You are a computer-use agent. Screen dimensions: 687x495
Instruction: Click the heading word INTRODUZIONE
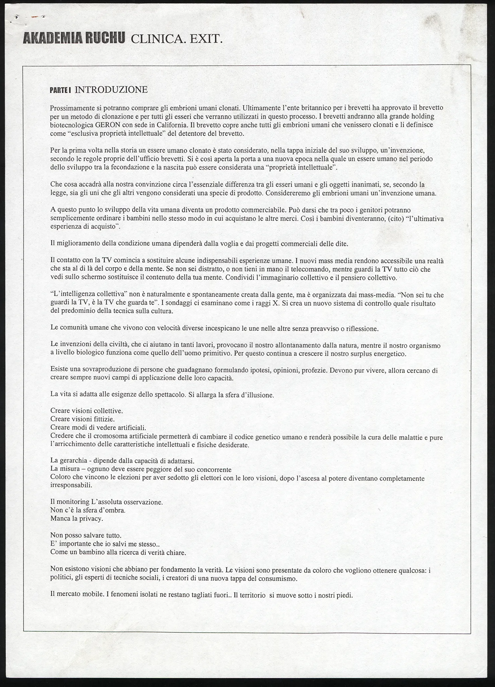click(111, 90)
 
